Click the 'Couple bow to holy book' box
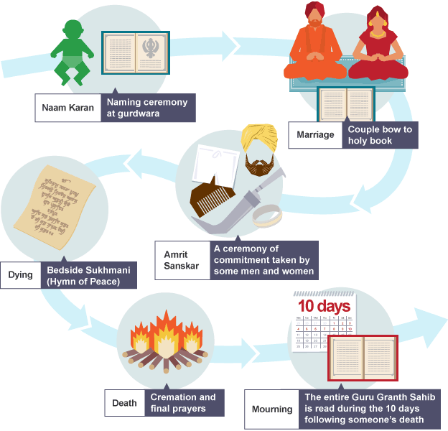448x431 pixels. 381,135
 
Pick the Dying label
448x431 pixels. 19,274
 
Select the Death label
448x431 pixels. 124,403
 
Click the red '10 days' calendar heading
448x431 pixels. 324,306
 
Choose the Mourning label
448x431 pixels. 271,409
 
